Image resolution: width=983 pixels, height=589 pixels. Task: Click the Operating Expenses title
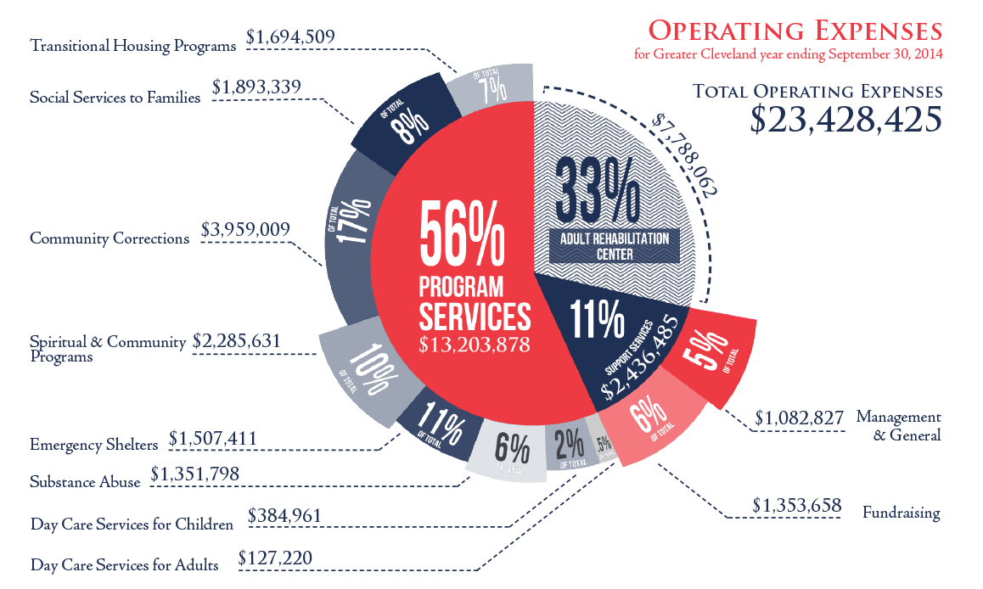(x=795, y=31)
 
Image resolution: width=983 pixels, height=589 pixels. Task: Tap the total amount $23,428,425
(x=845, y=118)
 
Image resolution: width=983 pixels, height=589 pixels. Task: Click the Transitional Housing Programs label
(x=132, y=46)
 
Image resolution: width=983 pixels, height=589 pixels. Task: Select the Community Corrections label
(x=110, y=238)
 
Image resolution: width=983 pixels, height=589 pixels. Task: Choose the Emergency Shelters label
(x=93, y=445)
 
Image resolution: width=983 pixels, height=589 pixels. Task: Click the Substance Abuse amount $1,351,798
(x=194, y=474)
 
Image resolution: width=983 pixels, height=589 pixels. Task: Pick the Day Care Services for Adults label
(x=124, y=564)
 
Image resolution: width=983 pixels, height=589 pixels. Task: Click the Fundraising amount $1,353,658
(x=796, y=507)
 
